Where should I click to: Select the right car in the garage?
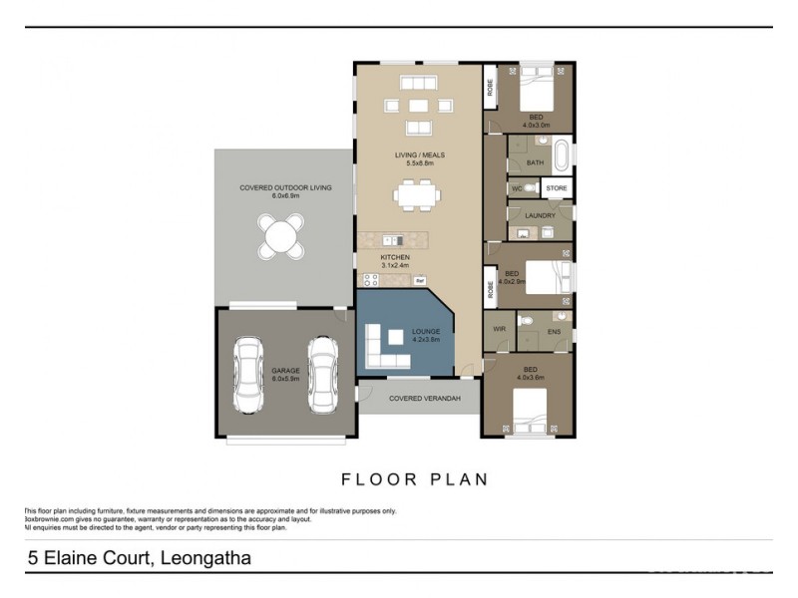(322, 373)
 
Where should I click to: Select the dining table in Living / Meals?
(416, 193)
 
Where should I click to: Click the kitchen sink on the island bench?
(395, 240)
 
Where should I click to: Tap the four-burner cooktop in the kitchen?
(421, 279)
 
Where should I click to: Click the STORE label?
(556, 188)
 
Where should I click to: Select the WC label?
(517, 188)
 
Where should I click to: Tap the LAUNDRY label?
(540, 215)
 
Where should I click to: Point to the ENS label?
(555, 331)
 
